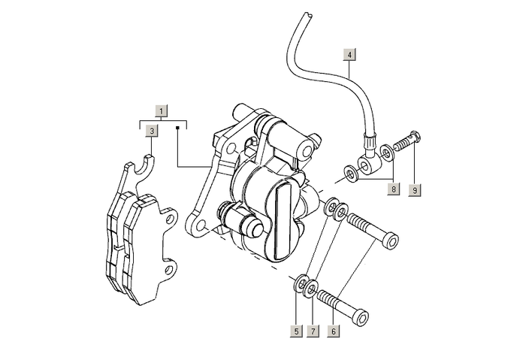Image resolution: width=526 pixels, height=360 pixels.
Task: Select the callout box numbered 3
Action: (x=152, y=130)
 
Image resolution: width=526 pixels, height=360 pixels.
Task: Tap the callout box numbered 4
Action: (x=349, y=54)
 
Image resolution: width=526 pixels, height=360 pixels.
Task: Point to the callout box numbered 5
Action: (x=298, y=331)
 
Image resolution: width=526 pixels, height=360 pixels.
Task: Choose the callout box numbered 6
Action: (x=334, y=331)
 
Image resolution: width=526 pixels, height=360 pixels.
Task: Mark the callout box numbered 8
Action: (x=393, y=189)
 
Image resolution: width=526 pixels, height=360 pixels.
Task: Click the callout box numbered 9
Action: (x=414, y=189)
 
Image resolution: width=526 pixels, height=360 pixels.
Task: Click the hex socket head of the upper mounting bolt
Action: (x=391, y=241)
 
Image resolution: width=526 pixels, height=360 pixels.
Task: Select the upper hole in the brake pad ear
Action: (x=171, y=219)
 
